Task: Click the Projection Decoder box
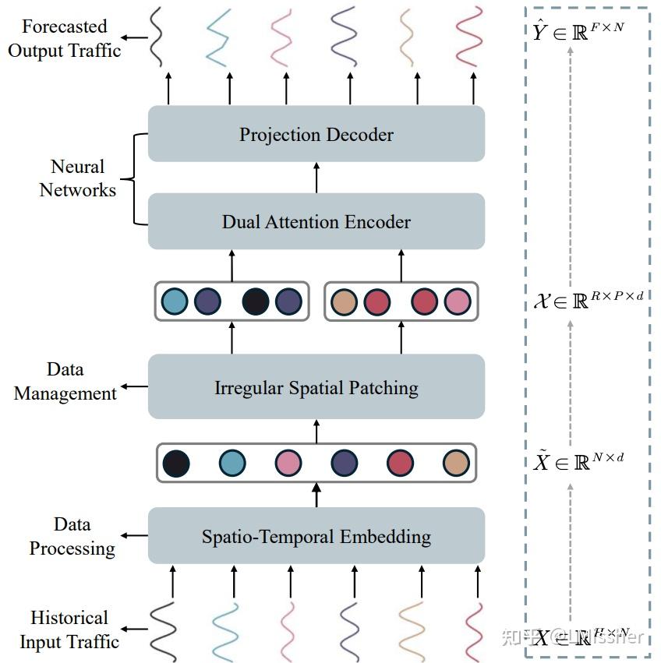316,134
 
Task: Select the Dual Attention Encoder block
316,221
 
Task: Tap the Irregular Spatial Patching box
316,387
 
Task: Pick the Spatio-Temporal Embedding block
316,536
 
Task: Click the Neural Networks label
78,178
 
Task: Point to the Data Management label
65,382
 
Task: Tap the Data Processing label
72,537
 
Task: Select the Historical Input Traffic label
69,629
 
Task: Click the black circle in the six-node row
176,463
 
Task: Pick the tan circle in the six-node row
456,463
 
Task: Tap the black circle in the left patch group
256,302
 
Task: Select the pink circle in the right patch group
458,302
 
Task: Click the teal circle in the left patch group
175,302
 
